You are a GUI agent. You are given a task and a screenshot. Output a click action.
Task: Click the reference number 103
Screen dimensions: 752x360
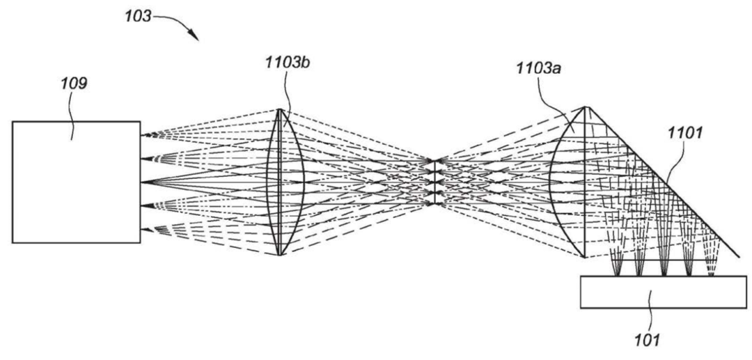(x=138, y=16)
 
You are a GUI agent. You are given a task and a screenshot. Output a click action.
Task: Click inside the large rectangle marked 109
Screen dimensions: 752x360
(x=77, y=182)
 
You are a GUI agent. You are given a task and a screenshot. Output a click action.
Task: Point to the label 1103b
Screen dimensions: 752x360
(x=286, y=63)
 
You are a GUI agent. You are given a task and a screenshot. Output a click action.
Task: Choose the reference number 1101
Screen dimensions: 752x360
(x=684, y=133)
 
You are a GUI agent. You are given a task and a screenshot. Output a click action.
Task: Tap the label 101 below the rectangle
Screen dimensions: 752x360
(x=648, y=341)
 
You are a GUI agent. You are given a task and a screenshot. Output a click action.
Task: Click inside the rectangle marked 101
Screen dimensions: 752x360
(x=664, y=292)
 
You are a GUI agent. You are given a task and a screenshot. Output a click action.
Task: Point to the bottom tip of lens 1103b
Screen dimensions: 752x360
(x=279, y=255)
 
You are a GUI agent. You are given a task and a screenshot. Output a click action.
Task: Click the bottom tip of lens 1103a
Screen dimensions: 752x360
(x=585, y=258)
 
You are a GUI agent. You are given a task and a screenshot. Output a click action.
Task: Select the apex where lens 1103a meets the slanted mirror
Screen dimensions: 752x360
(x=586, y=107)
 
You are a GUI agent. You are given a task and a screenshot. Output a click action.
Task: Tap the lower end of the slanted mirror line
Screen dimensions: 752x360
(x=739, y=257)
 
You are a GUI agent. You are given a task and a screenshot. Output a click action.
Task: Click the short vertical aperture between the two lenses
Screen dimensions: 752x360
(x=434, y=182)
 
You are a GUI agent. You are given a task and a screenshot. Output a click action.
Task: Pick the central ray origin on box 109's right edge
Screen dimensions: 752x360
(x=141, y=182)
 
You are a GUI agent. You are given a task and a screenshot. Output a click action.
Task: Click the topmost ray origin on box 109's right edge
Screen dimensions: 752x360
(x=141, y=135)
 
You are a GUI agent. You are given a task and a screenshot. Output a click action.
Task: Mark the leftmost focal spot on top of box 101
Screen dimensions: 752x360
(x=617, y=275)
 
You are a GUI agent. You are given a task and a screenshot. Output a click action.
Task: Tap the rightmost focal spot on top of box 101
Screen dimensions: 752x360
(x=711, y=275)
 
